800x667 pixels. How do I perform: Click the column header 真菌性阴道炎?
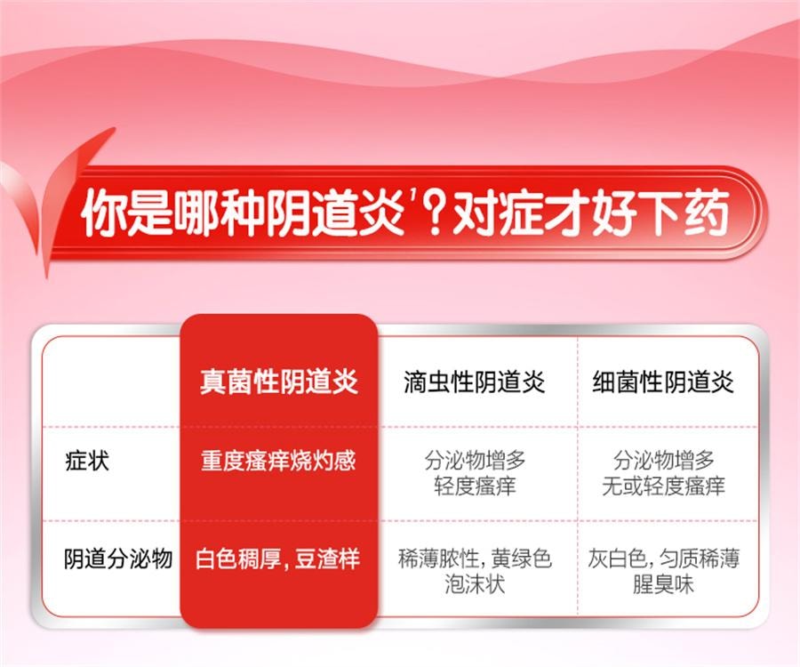tap(278, 382)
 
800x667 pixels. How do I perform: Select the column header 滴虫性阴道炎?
tap(474, 382)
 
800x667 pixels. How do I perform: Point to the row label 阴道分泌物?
tap(118, 559)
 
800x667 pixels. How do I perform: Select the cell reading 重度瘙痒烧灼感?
tap(278, 462)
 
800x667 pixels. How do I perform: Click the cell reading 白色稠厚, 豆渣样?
tap(278, 559)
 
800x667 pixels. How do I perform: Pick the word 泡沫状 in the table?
tap(475, 584)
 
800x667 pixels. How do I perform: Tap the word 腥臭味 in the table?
tap(663, 584)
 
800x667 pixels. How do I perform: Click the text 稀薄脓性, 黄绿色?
tap(475, 559)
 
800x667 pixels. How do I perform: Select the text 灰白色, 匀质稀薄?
tap(663, 559)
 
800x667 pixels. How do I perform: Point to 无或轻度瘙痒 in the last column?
tap(663, 486)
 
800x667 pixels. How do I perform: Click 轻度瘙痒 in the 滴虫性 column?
tap(475, 486)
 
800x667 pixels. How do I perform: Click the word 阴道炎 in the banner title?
tap(354, 217)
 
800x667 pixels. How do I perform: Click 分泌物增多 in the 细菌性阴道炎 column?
tap(663, 461)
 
